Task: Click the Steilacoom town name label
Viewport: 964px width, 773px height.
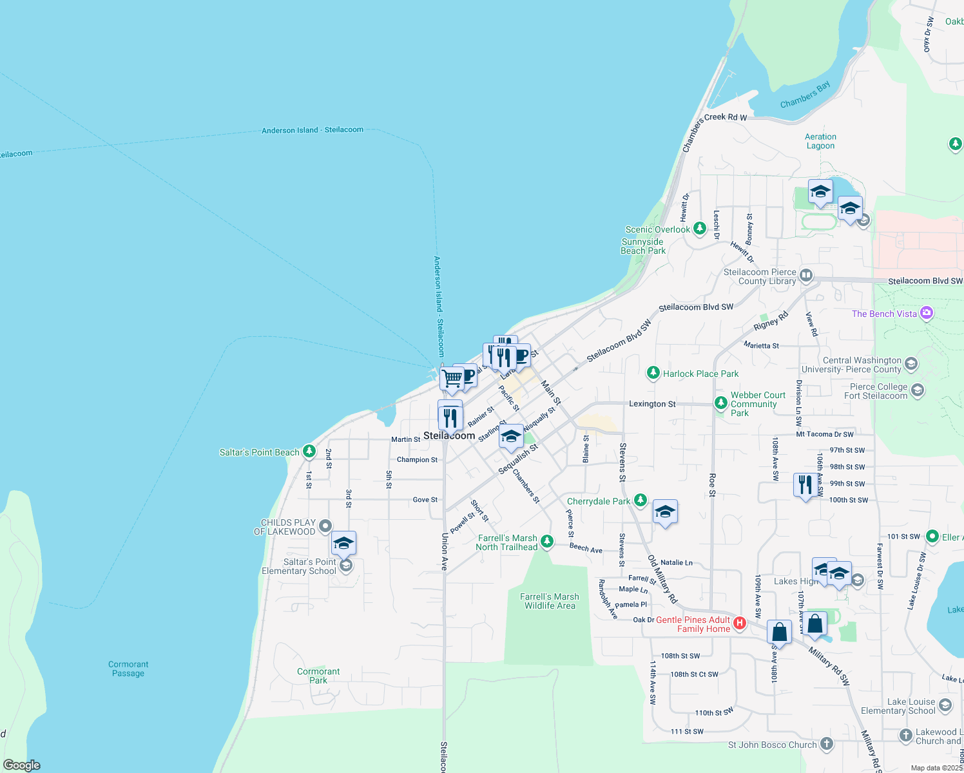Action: (x=449, y=436)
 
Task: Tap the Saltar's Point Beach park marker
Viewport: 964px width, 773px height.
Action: (x=309, y=452)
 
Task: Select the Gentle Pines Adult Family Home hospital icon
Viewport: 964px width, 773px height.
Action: (x=740, y=623)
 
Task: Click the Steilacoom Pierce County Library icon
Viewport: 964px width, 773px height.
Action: (x=806, y=276)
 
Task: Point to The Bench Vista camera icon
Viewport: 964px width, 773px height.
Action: (x=927, y=313)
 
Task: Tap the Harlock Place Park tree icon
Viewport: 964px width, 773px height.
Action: (x=653, y=373)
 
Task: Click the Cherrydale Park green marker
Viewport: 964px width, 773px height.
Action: (x=640, y=501)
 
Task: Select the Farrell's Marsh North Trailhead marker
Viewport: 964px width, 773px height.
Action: (x=547, y=541)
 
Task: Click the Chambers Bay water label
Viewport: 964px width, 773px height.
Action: (x=805, y=95)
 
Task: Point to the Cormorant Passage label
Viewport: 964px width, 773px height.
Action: (x=128, y=669)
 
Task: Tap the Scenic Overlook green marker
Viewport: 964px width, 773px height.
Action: (x=699, y=229)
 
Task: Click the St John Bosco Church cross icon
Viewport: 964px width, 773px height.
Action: (x=826, y=744)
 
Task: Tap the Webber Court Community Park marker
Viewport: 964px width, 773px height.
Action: (x=720, y=403)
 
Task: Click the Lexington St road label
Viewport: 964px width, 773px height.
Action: (x=652, y=404)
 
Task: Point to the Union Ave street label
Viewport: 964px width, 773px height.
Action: (x=445, y=551)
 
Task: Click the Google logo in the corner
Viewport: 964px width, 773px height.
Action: (x=22, y=765)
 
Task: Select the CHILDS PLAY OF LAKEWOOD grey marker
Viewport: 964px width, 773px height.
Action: (x=325, y=526)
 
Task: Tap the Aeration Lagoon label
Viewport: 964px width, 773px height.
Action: (x=820, y=141)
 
